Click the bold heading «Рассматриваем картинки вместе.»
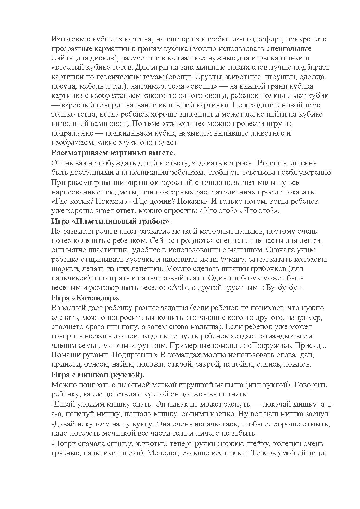[x=114, y=153]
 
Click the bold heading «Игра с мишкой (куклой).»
[x=98, y=374]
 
